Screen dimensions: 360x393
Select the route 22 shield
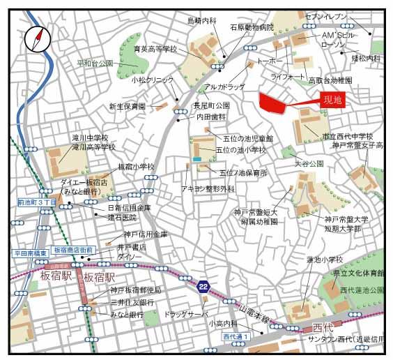(203, 287)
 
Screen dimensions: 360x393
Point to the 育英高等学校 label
(156, 50)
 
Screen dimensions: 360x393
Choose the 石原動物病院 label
(252, 28)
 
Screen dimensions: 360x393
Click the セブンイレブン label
(326, 16)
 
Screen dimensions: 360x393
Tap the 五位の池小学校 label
(241, 150)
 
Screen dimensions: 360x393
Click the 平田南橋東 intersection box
(31, 253)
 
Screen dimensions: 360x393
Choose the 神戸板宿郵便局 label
(136, 290)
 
